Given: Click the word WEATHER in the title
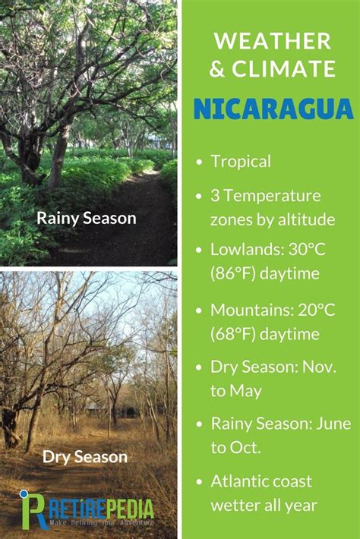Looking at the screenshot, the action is pos(273,41).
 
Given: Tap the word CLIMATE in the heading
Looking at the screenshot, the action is pos(283,68).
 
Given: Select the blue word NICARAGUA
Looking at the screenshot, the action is pos(273,109).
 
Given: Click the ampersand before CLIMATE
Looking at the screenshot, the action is pos(217,68).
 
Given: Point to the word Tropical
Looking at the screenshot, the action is pos(241,162).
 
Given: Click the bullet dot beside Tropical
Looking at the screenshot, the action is pos(199,162).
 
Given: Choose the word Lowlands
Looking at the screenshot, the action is pos(248,249).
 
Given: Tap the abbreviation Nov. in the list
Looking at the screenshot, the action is pos(319,367).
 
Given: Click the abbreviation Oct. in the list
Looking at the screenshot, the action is pos(245,448).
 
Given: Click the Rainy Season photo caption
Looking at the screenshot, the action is pos(87,219).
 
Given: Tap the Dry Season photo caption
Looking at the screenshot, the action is pos(85,457).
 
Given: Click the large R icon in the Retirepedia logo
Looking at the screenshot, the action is pos(33,510).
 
